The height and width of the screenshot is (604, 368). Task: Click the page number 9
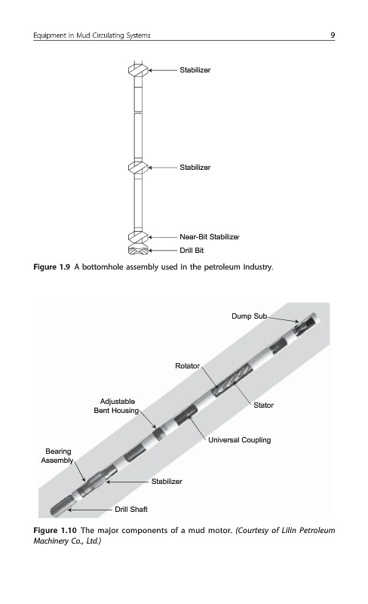pos(333,35)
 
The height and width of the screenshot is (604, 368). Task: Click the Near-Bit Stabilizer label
pos(210,237)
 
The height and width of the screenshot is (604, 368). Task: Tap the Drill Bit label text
pos(192,251)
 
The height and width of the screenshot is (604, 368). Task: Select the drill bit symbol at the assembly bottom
pos(138,250)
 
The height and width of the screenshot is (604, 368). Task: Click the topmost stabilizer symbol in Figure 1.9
pos(138,70)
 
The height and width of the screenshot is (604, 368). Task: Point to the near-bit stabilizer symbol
pos(138,237)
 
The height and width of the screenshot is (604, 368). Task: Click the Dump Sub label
pos(249,316)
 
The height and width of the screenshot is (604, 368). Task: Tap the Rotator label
pos(188,366)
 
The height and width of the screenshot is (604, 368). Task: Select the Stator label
pos(264,405)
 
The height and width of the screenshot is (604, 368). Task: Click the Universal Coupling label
pos(240,440)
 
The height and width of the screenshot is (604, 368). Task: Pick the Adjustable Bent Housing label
pos(117,406)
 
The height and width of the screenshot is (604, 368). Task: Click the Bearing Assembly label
pos(57,456)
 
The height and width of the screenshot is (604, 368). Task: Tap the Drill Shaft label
pos(131,509)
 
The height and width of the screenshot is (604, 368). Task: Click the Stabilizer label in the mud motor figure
pos(167,482)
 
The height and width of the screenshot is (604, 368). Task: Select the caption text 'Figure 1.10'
pos(55,531)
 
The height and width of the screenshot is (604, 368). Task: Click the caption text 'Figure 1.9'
pos(52,267)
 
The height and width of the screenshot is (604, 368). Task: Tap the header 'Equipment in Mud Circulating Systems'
pos(91,35)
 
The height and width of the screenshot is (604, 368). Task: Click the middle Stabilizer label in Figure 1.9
pos(195,168)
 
